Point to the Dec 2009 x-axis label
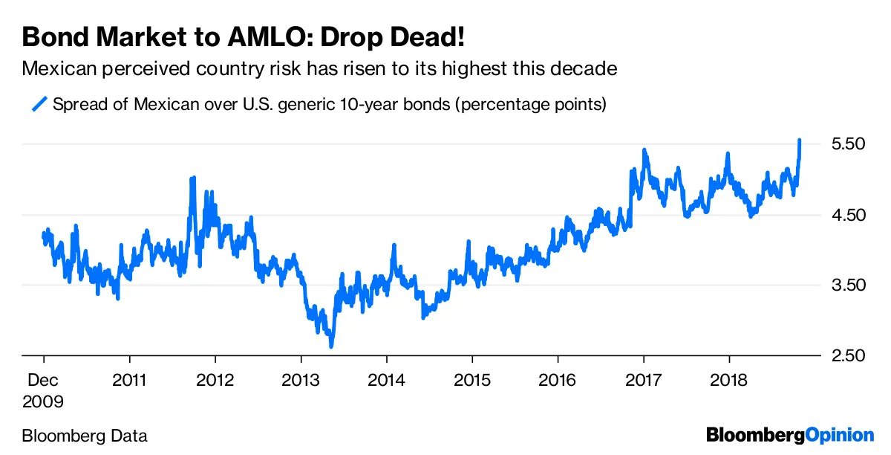(x=44, y=391)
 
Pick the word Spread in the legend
(x=79, y=104)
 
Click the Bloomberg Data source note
(x=85, y=436)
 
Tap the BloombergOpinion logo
(x=790, y=435)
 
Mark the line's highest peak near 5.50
(x=800, y=140)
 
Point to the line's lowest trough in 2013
(x=331, y=346)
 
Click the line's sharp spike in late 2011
(x=193, y=178)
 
